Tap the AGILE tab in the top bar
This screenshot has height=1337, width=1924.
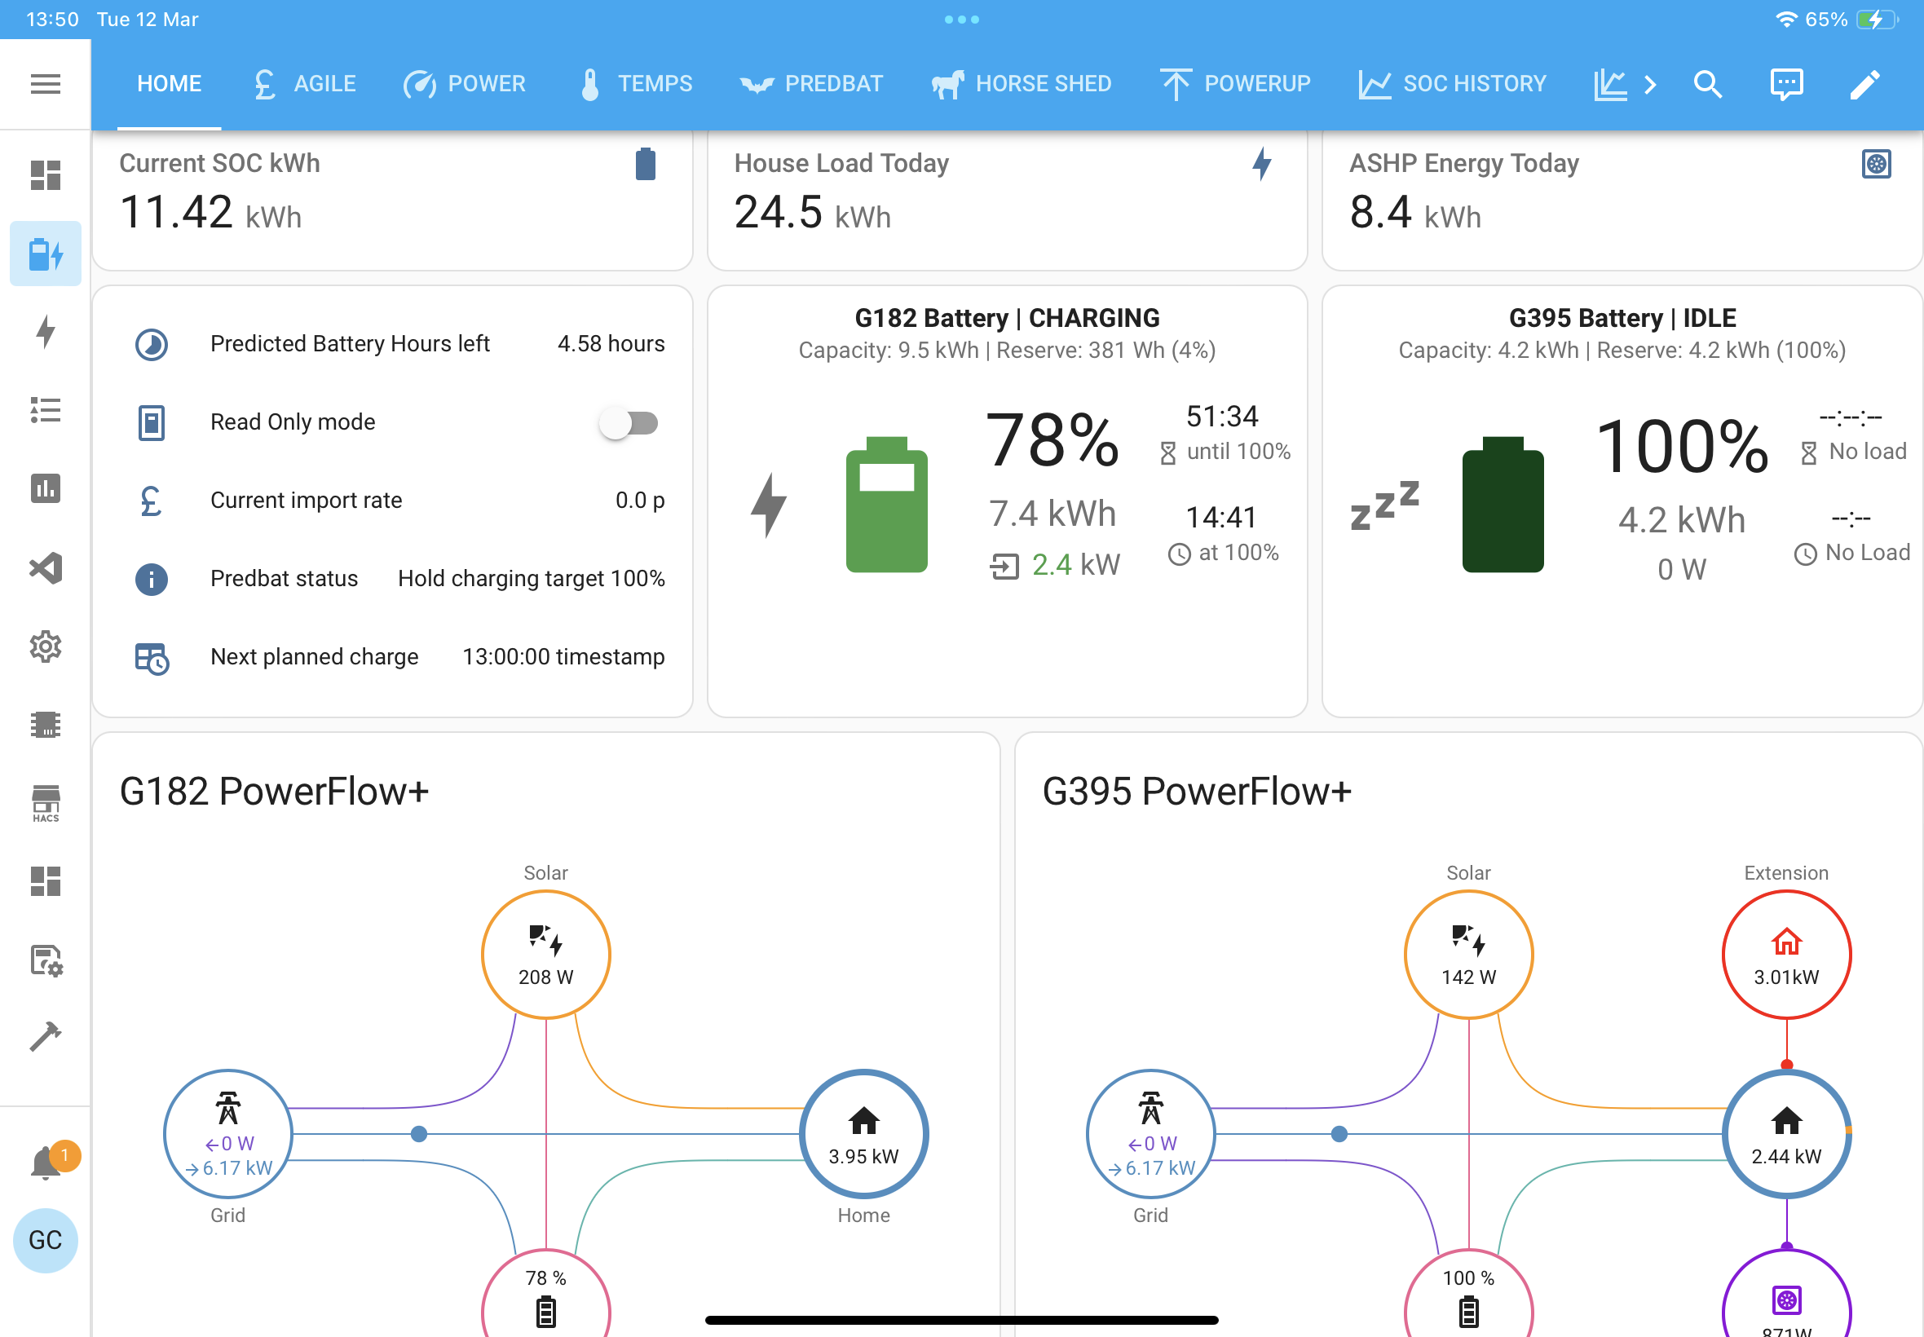tap(305, 84)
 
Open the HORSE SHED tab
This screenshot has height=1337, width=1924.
tap(1021, 84)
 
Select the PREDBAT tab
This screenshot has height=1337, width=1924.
tap(811, 84)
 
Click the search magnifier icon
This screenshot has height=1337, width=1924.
tap(1707, 84)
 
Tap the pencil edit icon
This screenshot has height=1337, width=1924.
tap(1864, 84)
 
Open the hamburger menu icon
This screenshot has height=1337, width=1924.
tap(45, 84)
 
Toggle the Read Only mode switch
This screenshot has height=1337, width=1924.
tap(629, 423)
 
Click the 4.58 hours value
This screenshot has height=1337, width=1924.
tap(611, 344)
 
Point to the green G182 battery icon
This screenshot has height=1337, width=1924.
tap(886, 505)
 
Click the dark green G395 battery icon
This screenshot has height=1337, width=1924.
tap(1503, 505)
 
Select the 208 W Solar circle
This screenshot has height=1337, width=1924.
tap(546, 954)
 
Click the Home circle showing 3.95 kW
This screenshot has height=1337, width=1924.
tap(863, 1133)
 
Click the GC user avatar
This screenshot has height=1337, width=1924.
tap(45, 1241)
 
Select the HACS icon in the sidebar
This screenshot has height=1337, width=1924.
tap(45, 803)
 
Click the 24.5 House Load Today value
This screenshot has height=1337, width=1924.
tap(777, 212)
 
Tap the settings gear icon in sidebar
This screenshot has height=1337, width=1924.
tap(45, 646)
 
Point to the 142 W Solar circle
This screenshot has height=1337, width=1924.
tap(1468, 954)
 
